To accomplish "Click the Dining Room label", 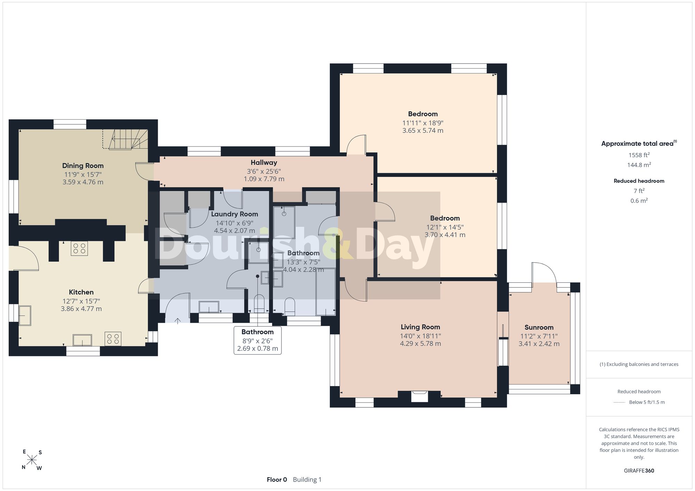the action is [x=83, y=166].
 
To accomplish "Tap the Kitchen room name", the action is [x=81, y=292].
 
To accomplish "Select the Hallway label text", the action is [x=264, y=163].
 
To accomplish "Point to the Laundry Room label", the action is [x=235, y=214].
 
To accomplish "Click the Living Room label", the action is [x=420, y=327].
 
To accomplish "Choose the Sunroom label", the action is [x=539, y=328].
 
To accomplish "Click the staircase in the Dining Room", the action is [x=125, y=139].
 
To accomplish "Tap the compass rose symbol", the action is [x=32, y=460].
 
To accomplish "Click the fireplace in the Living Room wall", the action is [x=419, y=396].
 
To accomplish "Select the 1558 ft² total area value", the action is [x=639, y=155].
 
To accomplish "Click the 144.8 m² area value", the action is [x=639, y=165].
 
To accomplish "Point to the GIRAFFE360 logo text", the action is [x=639, y=471].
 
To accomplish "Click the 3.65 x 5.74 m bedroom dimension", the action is [x=423, y=131].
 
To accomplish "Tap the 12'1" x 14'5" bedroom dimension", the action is [x=445, y=227].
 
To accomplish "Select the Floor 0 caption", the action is [x=277, y=480].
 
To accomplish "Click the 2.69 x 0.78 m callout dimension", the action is [x=257, y=349].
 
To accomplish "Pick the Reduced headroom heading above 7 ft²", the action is [x=639, y=181].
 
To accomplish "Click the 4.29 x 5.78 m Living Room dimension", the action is [x=420, y=344].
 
